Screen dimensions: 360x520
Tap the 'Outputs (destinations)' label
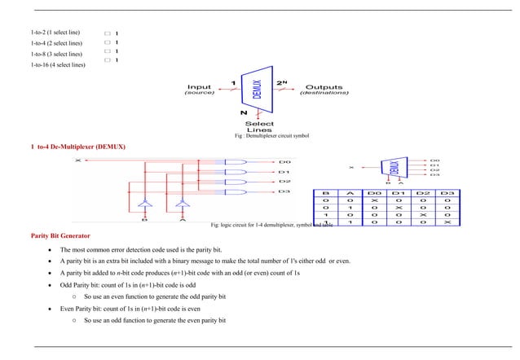(324, 90)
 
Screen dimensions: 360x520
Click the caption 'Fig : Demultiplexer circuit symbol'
(271, 136)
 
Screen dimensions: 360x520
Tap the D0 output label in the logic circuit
(284, 161)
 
